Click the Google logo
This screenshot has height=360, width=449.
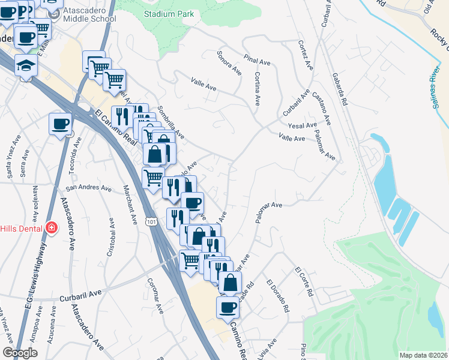coord(20,353)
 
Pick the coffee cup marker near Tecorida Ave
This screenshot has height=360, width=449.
coord(60,124)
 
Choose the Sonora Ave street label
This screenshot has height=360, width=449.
coord(229,63)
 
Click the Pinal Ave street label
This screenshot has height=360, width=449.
coord(258,59)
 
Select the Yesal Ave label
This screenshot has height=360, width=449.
coord(302,125)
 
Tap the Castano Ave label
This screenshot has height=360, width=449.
coord(325,112)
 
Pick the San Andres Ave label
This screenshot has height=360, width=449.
coord(89,188)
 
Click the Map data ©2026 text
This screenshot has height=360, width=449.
coord(423,355)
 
